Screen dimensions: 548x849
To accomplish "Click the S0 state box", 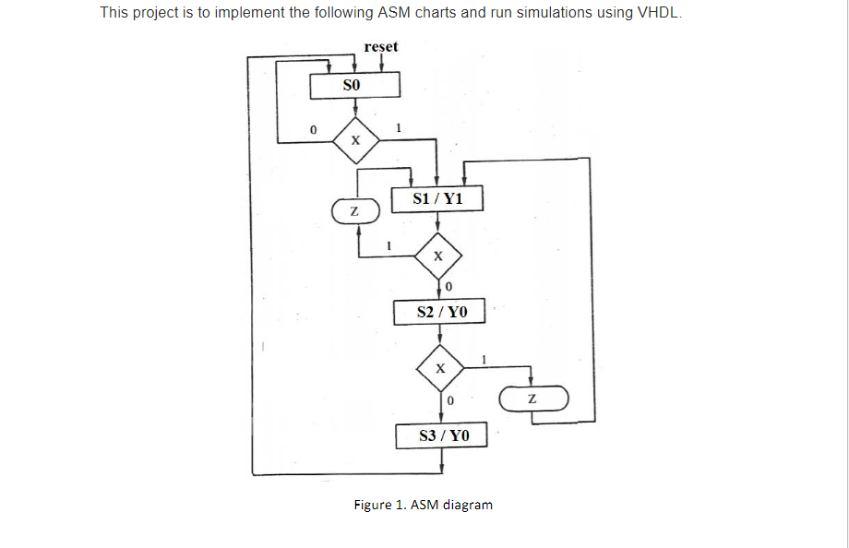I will (x=354, y=85).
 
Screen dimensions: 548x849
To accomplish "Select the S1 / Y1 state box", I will (x=438, y=198).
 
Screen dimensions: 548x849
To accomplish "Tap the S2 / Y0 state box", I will (x=441, y=313).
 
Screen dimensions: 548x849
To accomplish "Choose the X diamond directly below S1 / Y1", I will (x=438, y=256).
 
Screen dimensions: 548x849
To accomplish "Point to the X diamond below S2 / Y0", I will (x=441, y=367).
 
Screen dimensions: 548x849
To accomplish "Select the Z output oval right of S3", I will (x=532, y=399).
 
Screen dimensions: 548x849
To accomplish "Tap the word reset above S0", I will (x=381, y=46).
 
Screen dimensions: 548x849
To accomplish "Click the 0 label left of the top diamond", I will (x=314, y=130).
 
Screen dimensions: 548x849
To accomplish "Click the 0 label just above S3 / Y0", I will (x=450, y=402).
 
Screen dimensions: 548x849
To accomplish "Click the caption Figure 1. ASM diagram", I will (x=424, y=505).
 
